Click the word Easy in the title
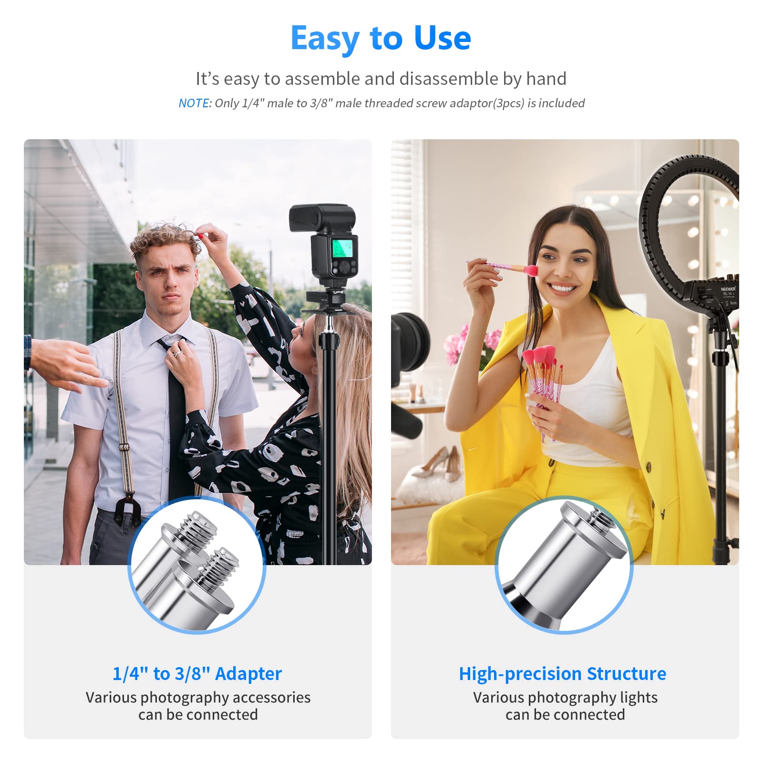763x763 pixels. click(x=325, y=38)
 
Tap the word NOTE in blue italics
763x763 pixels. click(x=194, y=103)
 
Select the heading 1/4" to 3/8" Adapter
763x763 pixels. click(x=197, y=673)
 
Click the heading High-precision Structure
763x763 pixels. click(x=562, y=673)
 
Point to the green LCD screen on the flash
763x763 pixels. click(x=342, y=248)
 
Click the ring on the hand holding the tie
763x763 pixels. click(x=176, y=353)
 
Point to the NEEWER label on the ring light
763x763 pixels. click(x=728, y=289)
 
